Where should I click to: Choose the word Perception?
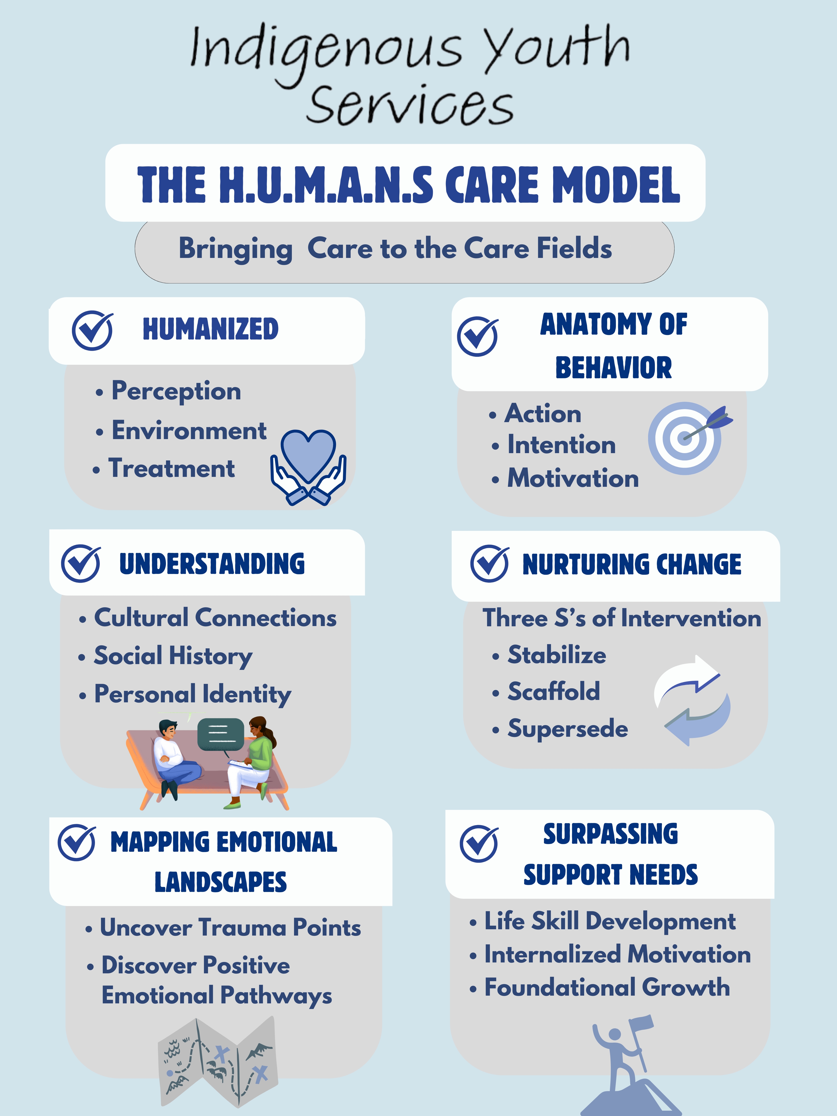[176, 391]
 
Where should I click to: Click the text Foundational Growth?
[607, 987]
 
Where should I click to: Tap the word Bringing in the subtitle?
[236, 249]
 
